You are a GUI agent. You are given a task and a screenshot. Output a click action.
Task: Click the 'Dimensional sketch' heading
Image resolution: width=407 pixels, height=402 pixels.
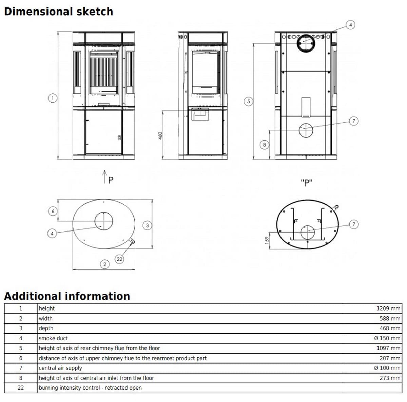pyautogui.click(x=58, y=12)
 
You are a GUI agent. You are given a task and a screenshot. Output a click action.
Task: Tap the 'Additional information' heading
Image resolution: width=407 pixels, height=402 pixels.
pyautogui.click(x=67, y=296)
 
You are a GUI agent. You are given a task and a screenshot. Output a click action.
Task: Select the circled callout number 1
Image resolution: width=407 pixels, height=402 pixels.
pyautogui.click(x=52, y=98)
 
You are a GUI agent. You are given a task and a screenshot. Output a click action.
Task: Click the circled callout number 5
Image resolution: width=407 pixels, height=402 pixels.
pyautogui.click(x=249, y=101)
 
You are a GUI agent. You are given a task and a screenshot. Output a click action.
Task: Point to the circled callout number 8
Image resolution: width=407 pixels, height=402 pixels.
pyautogui.click(x=265, y=145)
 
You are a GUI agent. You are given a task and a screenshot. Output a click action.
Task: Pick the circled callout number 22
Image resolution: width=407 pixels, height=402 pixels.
pyautogui.click(x=119, y=259)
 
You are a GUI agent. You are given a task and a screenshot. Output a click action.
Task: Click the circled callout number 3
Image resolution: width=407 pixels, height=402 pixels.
pyautogui.click(x=147, y=225)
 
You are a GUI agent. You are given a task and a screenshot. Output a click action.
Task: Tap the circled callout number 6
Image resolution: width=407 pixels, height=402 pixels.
pyautogui.click(x=53, y=211)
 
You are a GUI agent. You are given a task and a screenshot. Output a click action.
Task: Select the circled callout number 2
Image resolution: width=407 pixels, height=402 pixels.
pyautogui.click(x=105, y=264)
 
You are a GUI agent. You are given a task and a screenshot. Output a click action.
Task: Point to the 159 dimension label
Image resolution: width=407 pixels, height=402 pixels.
pyautogui.click(x=267, y=239)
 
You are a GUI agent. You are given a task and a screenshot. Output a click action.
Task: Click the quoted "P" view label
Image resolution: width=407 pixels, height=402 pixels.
pyautogui.click(x=307, y=183)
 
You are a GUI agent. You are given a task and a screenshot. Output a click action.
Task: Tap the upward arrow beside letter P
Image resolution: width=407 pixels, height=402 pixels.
pyautogui.click(x=105, y=177)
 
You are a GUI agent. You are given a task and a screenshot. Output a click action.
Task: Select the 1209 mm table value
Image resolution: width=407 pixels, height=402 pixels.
pyautogui.click(x=388, y=308)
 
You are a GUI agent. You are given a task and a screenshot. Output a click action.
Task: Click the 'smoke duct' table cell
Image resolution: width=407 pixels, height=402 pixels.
pyautogui.click(x=53, y=338)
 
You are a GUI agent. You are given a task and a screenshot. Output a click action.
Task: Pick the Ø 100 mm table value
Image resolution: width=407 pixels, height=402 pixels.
pyautogui.click(x=387, y=368)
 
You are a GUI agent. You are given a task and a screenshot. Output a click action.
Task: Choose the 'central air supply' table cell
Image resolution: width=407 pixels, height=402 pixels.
pyautogui.click(x=60, y=368)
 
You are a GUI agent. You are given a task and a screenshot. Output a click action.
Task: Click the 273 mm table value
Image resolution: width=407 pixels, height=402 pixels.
pyautogui.click(x=390, y=378)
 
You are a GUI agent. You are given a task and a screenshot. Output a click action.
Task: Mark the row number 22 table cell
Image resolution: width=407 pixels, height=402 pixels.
pyautogui.click(x=21, y=388)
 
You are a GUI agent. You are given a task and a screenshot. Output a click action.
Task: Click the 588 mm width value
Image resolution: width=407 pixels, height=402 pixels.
pyautogui.click(x=390, y=319)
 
